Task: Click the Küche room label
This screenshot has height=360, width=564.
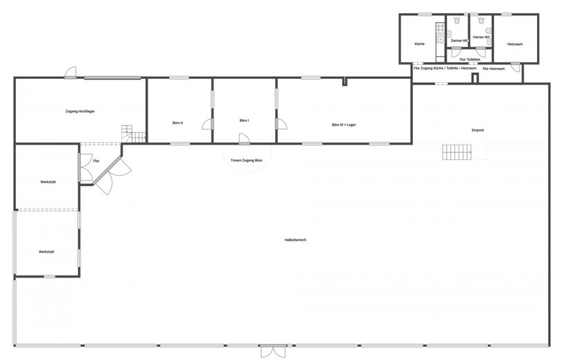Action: [419, 44]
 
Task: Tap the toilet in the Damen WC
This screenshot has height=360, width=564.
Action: [457, 21]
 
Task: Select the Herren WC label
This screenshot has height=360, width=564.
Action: [482, 37]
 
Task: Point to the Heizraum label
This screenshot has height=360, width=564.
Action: [515, 44]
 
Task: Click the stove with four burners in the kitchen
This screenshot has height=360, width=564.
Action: [440, 28]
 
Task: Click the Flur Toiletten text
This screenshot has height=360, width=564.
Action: [470, 60]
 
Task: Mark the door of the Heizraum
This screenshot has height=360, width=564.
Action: [515, 67]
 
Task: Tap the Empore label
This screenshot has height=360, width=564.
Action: [477, 130]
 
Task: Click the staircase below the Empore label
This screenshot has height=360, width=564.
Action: [457, 152]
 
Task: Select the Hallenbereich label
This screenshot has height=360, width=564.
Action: [295, 240]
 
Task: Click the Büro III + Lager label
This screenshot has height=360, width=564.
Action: [344, 125]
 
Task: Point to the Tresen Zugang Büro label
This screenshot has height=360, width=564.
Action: [247, 160]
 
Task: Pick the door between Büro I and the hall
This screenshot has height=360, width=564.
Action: [244, 139]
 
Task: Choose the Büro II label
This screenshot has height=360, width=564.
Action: [177, 123]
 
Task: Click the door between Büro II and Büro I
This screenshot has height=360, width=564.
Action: [208, 124]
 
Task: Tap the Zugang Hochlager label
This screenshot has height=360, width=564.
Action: [80, 111]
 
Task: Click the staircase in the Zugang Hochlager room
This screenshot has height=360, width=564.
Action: [134, 134]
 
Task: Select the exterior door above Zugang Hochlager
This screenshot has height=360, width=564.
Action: [71, 72]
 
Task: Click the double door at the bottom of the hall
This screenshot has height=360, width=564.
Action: [273, 352]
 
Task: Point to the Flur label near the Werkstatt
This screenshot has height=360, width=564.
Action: [96, 161]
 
